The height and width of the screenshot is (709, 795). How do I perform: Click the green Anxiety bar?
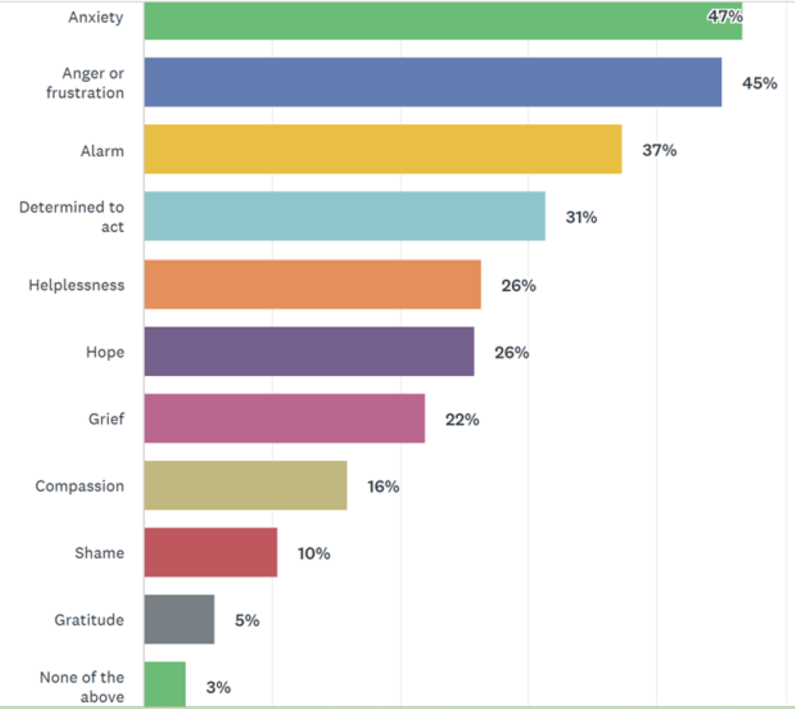(x=442, y=21)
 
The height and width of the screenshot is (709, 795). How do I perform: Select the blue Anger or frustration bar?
(x=432, y=82)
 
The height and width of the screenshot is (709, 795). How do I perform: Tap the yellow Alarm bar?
(x=382, y=149)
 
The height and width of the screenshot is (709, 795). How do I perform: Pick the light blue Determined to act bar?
(x=344, y=216)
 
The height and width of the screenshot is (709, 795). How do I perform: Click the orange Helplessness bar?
(x=312, y=284)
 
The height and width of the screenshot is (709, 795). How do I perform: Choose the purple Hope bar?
(x=309, y=351)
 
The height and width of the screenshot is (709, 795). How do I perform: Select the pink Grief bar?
(x=285, y=418)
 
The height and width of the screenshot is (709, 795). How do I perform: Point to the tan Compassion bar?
(x=246, y=485)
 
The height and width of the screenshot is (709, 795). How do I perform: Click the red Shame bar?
(x=211, y=552)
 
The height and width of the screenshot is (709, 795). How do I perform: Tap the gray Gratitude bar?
(x=180, y=619)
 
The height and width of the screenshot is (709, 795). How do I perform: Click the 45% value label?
(x=759, y=83)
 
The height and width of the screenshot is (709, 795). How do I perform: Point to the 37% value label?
(x=659, y=150)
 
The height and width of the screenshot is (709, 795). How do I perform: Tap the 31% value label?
(x=581, y=217)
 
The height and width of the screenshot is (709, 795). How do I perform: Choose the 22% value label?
(x=462, y=419)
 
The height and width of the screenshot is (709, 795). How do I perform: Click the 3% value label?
(x=218, y=687)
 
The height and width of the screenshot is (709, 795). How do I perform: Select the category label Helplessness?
(x=76, y=285)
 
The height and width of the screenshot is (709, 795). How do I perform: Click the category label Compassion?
(x=79, y=486)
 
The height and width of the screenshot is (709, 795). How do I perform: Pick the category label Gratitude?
(x=89, y=620)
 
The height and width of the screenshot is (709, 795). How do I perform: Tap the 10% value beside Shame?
(x=314, y=553)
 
